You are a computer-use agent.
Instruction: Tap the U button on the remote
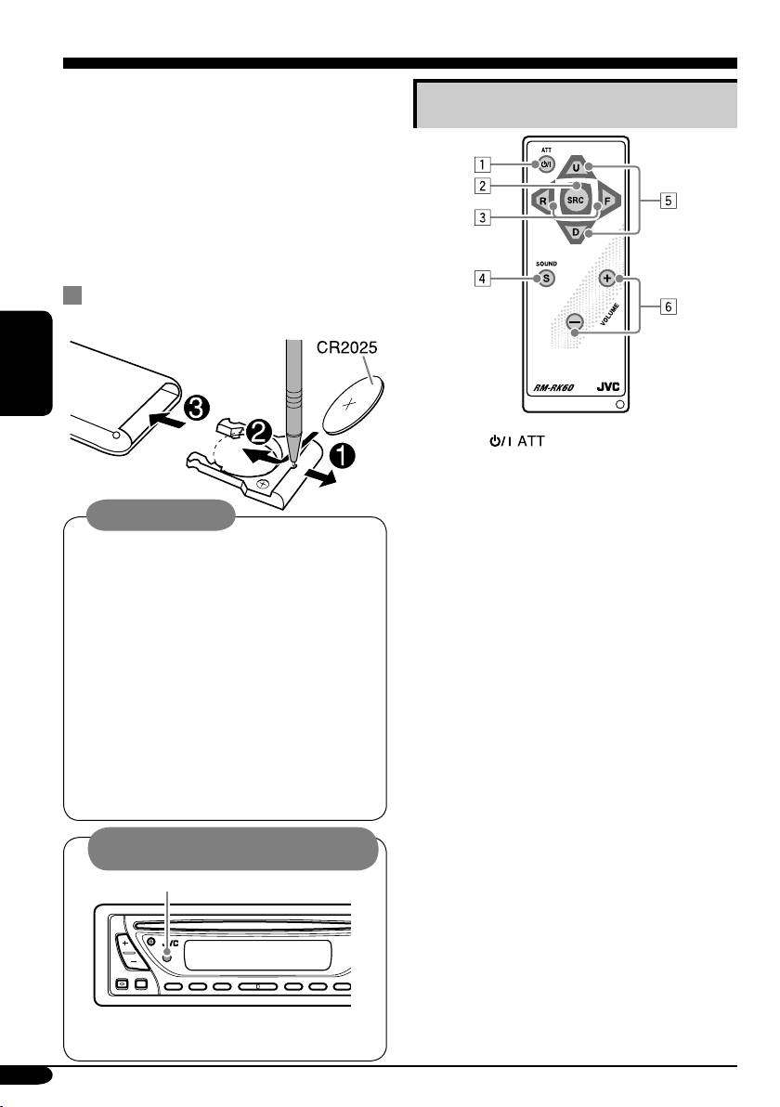(x=577, y=168)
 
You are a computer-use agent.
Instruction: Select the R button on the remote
(x=539, y=200)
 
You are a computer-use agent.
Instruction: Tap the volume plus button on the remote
(x=607, y=278)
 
